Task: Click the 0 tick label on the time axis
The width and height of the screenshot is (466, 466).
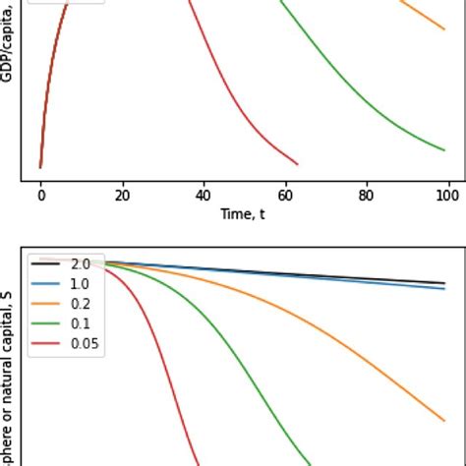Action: pyautogui.click(x=40, y=197)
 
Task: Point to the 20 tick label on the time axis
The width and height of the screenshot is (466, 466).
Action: pyautogui.click(x=122, y=197)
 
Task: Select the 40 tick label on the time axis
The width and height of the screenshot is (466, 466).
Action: pyautogui.click(x=204, y=197)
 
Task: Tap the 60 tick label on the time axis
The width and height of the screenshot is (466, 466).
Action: pyautogui.click(x=286, y=197)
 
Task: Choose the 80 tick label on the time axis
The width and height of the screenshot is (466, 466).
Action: pyautogui.click(x=368, y=197)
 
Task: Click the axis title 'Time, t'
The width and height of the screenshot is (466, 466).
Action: pyautogui.click(x=245, y=214)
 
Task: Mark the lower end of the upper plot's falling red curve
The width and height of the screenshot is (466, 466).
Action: pyautogui.click(x=297, y=164)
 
